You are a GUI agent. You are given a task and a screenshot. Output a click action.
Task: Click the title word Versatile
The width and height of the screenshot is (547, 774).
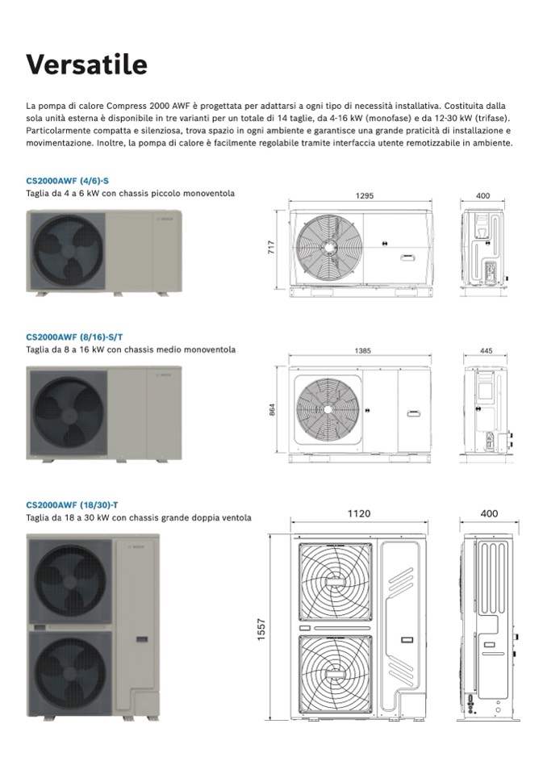click(x=86, y=64)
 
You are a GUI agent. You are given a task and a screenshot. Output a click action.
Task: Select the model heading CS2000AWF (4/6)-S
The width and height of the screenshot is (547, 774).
click(x=67, y=181)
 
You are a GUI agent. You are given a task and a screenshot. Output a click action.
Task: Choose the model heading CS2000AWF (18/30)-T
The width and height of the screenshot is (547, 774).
click(x=72, y=504)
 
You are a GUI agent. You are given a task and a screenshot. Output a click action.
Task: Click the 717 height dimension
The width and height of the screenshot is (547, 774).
click(x=271, y=246)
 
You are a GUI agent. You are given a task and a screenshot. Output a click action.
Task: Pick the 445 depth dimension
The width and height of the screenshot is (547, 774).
click(x=485, y=351)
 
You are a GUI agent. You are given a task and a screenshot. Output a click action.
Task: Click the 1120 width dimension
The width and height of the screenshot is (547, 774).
click(x=359, y=513)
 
